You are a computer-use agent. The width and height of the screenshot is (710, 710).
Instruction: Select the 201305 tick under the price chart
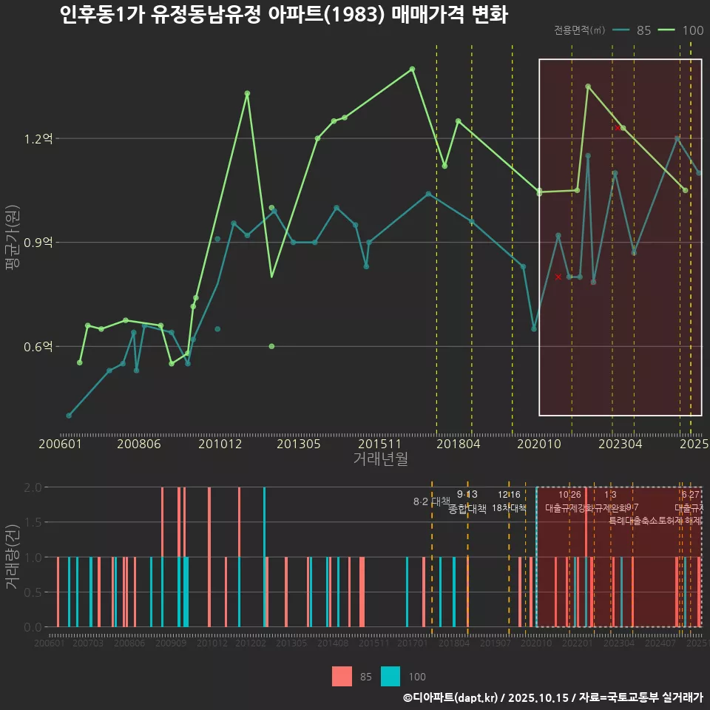[x=298, y=444]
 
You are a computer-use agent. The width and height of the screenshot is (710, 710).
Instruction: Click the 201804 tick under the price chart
[x=459, y=444]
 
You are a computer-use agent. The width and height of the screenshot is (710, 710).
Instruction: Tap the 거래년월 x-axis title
[x=380, y=459]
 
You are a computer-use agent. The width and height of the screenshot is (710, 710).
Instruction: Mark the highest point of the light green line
[x=413, y=69]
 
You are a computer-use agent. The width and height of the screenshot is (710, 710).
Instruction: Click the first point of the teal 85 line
[x=69, y=416]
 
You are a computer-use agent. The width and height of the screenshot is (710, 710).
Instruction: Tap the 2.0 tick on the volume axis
[x=33, y=487]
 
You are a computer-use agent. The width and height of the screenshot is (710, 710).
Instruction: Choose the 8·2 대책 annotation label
[x=431, y=501]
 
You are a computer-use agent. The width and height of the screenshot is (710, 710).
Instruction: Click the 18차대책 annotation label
[x=509, y=508]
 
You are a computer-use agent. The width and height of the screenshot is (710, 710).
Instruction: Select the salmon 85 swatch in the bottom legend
[x=342, y=676]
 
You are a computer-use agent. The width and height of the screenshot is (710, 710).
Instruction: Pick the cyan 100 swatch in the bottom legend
[x=390, y=676]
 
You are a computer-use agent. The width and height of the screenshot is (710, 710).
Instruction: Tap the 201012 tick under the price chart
[x=220, y=444]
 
